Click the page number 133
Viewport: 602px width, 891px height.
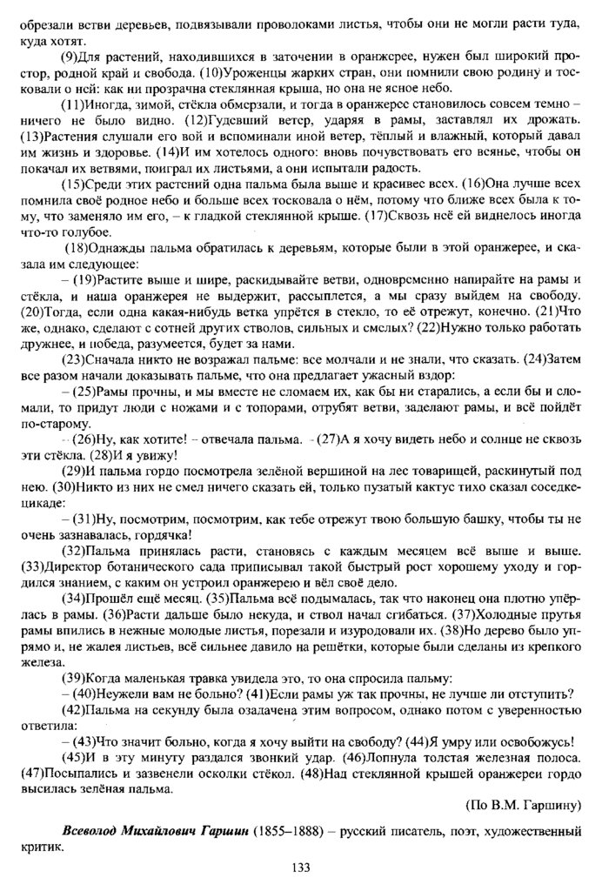click(x=301, y=868)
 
